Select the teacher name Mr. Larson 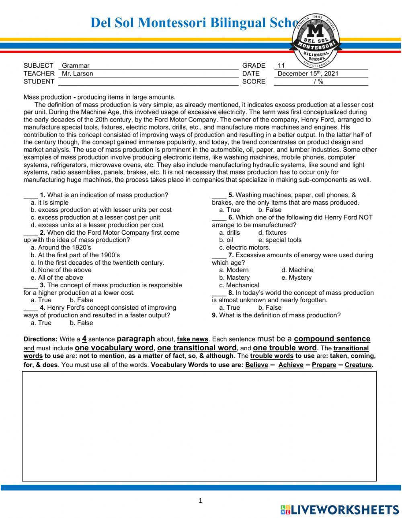(x=77, y=73)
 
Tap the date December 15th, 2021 (x=308, y=73)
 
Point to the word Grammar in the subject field (x=76, y=65)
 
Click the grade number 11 (x=281, y=65)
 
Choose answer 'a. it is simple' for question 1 (x=49, y=203)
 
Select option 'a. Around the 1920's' (x=61, y=248)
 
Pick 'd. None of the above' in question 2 (x=61, y=270)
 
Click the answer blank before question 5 (x=219, y=195)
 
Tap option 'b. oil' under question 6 (x=226, y=240)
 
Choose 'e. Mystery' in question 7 (x=296, y=278)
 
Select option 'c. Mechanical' (x=239, y=285)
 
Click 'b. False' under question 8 (x=270, y=308)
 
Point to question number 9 (x=215, y=315)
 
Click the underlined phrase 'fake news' (x=193, y=339)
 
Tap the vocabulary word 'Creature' (x=359, y=365)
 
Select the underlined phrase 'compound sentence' (x=332, y=339)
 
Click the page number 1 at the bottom (x=201, y=500)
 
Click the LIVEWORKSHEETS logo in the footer (x=340, y=510)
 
